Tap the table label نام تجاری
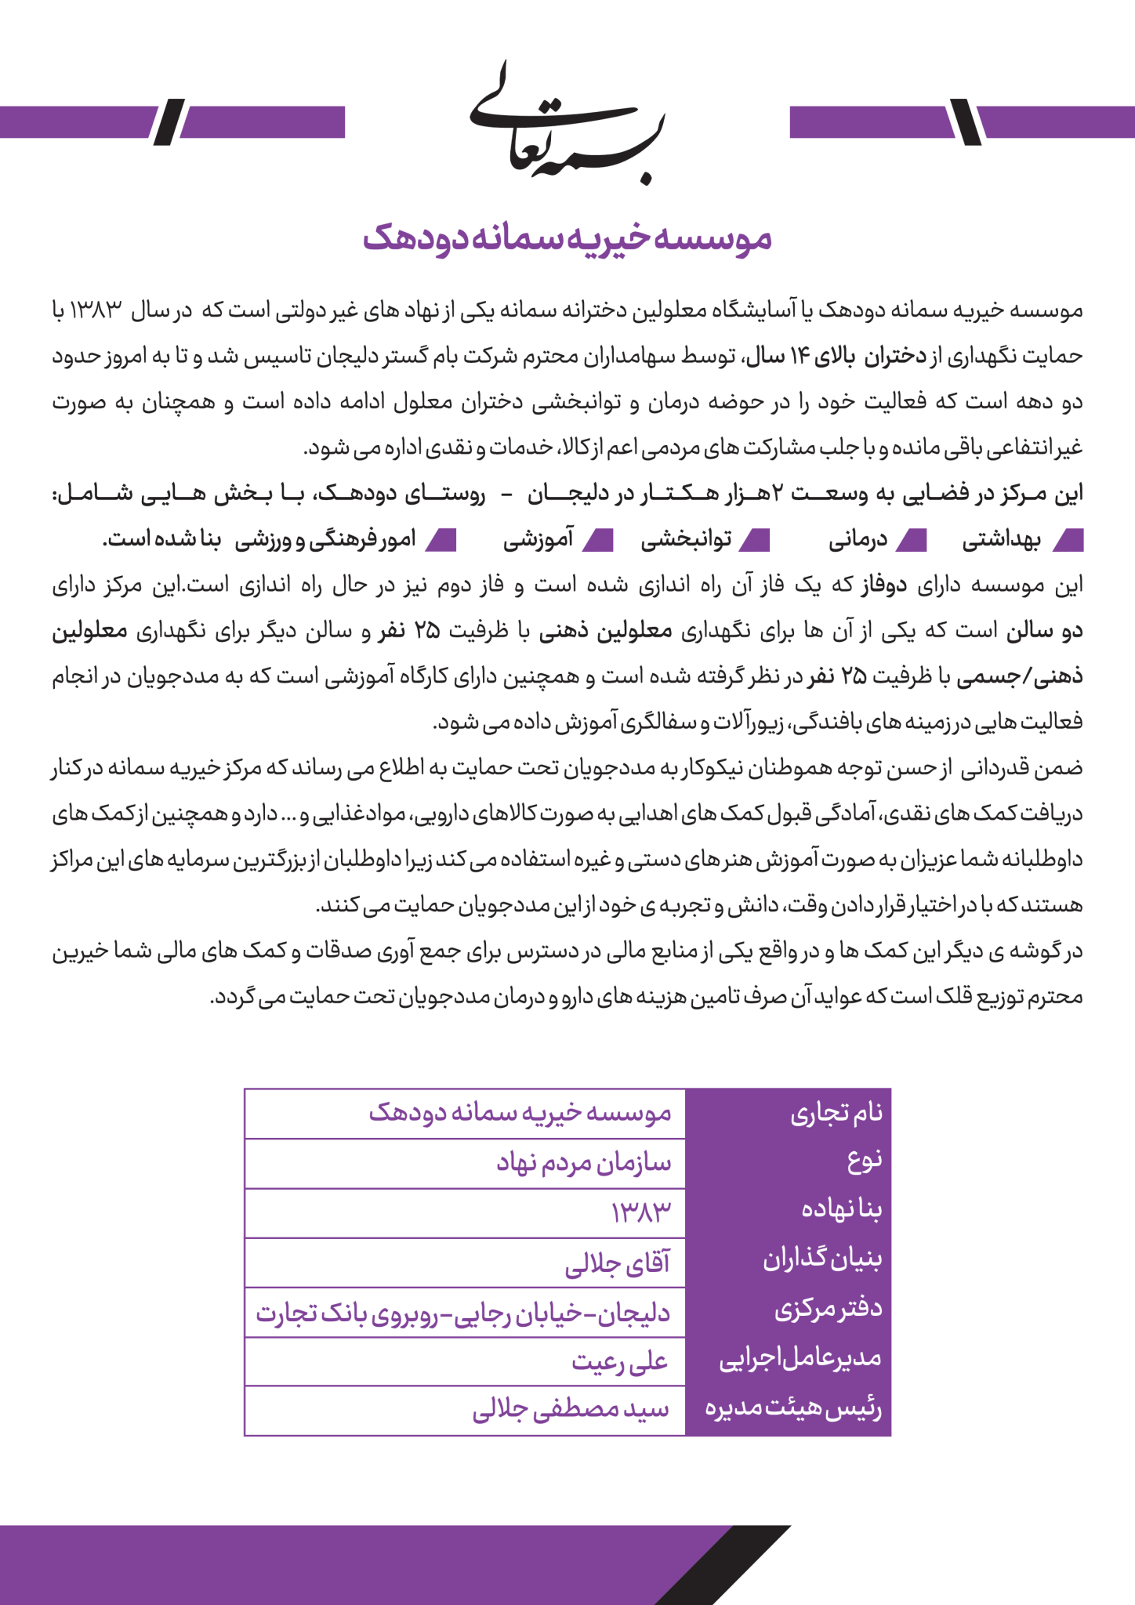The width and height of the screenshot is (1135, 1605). (836, 1113)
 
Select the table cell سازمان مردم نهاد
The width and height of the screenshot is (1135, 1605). (584, 1163)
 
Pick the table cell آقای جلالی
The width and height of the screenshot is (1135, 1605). (618, 1263)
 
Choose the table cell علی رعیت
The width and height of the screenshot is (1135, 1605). (619, 1362)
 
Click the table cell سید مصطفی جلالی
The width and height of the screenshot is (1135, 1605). (571, 1411)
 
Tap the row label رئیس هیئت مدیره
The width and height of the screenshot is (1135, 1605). (793, 1411)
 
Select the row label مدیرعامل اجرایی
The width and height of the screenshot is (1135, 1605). (800, 1361)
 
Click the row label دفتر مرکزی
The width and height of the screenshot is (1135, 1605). (829, 1312)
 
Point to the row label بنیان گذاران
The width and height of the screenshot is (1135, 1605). (822, 1262)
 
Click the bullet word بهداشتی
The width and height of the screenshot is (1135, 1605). (1001, 541)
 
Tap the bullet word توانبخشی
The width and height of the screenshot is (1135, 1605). (687, 541)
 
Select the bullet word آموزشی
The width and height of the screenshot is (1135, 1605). (538, 541)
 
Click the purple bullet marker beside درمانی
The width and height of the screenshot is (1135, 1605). (912, 540)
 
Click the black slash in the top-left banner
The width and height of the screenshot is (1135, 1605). (169, 121)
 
